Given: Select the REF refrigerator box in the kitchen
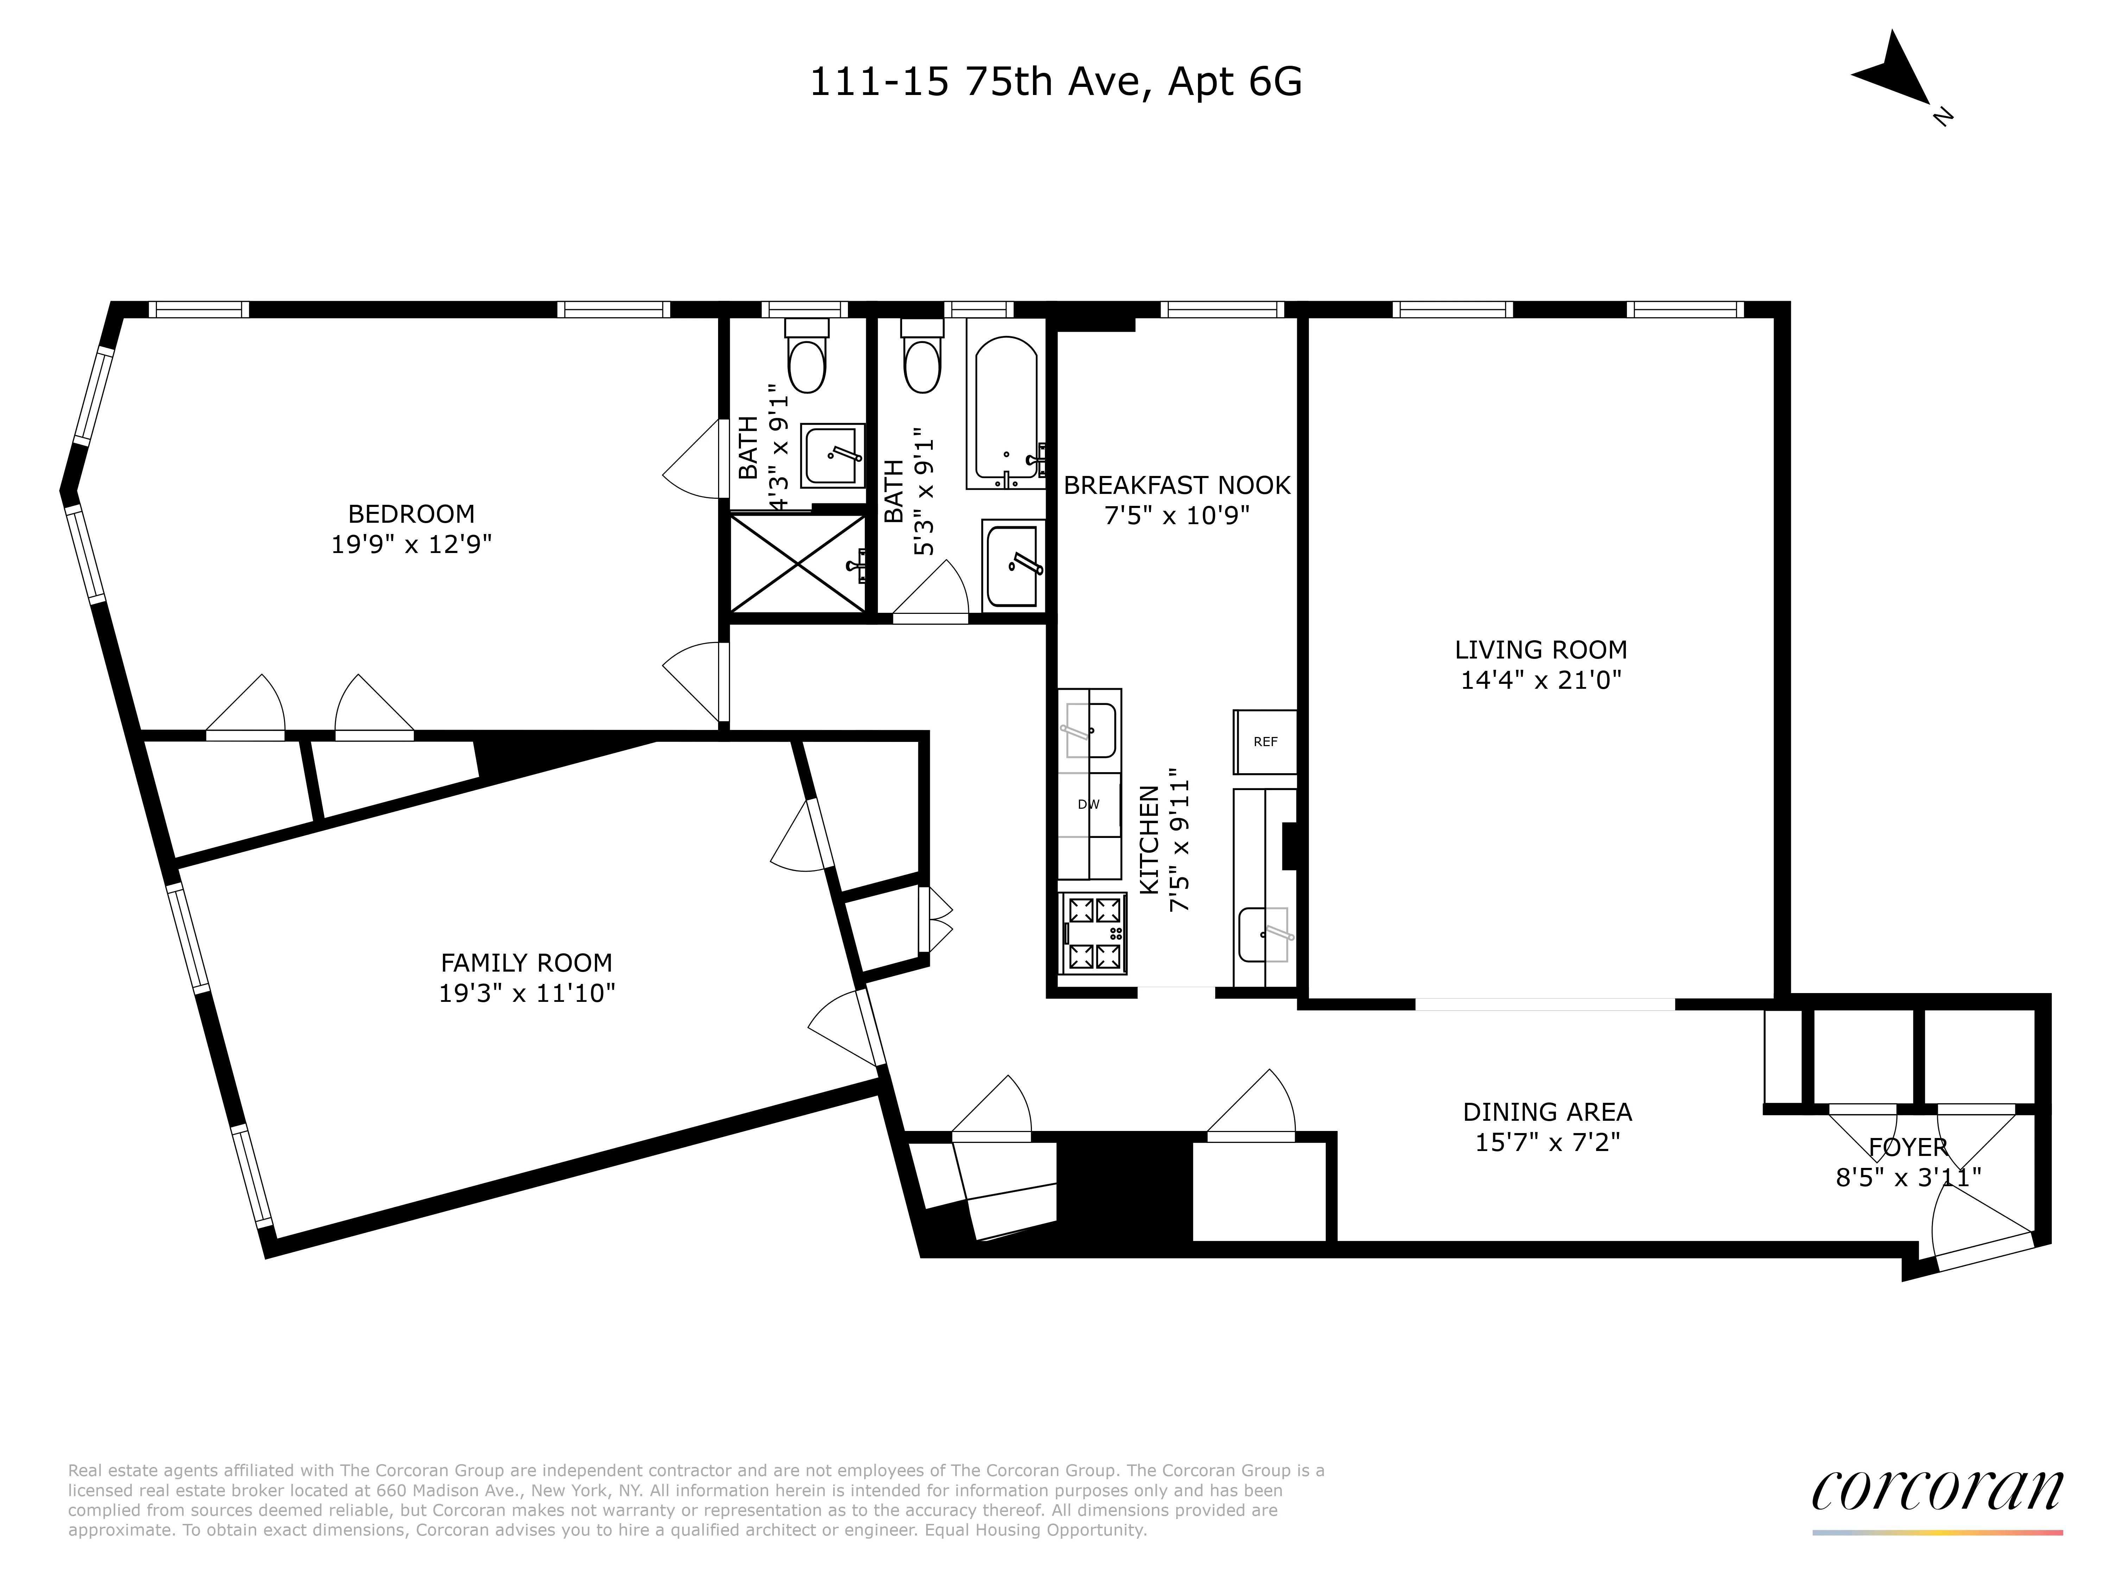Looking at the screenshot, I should click(x=1264, y=742).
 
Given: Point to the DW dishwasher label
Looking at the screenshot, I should click(x=1088, y=805).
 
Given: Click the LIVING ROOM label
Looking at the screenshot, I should click(x=1540, y=650).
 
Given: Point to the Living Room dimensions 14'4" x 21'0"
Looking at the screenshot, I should click(x=1540, y=680).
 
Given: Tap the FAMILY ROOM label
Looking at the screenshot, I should click(x=526, y=963).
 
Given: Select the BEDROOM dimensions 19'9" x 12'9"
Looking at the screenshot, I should click(x=411, y=545).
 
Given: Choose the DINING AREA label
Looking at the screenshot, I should click(x=1547, y=1112).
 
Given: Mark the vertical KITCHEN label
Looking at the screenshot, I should click(x=1150, y=840).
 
